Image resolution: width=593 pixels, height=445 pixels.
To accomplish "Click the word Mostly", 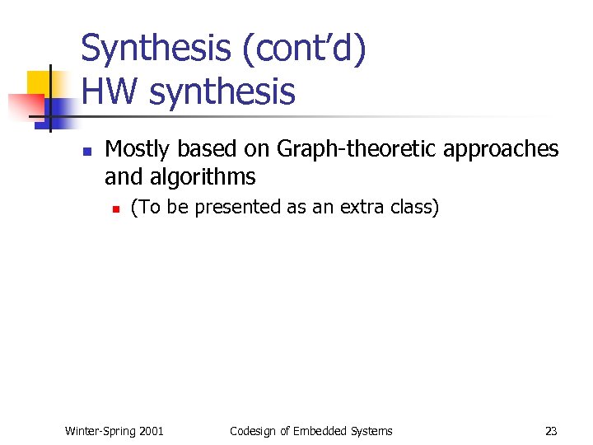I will (x=138, y=149).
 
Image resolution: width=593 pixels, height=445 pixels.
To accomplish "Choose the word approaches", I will (x=502, y=151).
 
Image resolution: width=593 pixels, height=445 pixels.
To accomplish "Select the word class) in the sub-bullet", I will (x=416, y=207).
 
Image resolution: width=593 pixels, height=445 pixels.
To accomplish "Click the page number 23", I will (x=551, y=430).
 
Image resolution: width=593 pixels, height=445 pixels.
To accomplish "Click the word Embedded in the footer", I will (x=320, y=430).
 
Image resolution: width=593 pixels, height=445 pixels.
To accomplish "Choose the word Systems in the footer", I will (x=371, y=430).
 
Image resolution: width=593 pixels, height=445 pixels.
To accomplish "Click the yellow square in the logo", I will (x=39, y=82).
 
